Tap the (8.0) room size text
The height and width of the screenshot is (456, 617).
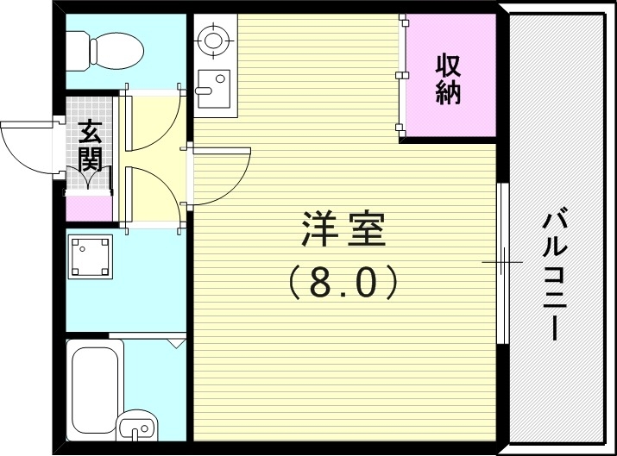click(x=343, y=282)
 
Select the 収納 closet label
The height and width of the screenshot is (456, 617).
click(x=448, y=78)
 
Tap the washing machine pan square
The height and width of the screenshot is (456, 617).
click(x=91, y=258)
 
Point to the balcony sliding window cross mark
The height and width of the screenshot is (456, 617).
click(x=501, y=260)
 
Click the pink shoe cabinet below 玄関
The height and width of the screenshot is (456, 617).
click(x=89, y=208)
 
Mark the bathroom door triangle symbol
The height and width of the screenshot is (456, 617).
click(x=177, y=343)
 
